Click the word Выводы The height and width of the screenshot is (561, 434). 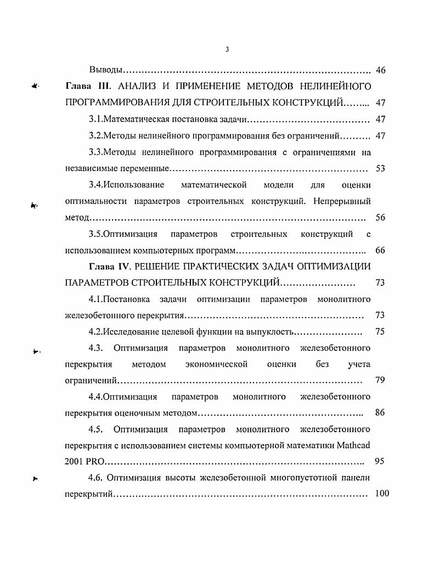(105, 70)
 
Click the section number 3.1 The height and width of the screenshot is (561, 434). (96, 119)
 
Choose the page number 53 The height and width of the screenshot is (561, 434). (380, 168)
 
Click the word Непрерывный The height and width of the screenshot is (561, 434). (342, 201)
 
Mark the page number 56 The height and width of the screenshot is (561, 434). (380, 218)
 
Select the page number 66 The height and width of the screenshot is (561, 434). (380, 251)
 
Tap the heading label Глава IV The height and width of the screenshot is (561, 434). (108, 267)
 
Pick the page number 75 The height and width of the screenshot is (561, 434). (380, 331)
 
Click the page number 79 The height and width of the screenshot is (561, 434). (380, 380)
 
